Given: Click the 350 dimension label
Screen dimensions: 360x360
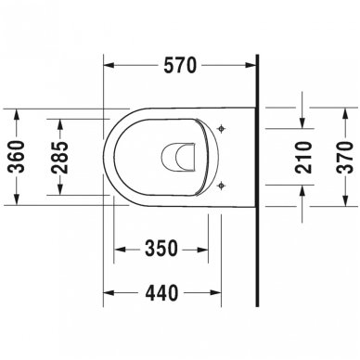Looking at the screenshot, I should click(x=161, y=251).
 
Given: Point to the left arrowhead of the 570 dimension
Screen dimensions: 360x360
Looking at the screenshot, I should click(x=104, y=67).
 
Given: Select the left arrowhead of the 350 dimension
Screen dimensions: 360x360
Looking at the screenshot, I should click(x=117, y=251).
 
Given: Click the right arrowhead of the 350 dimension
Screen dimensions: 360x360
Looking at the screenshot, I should click(x=205, y=251).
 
